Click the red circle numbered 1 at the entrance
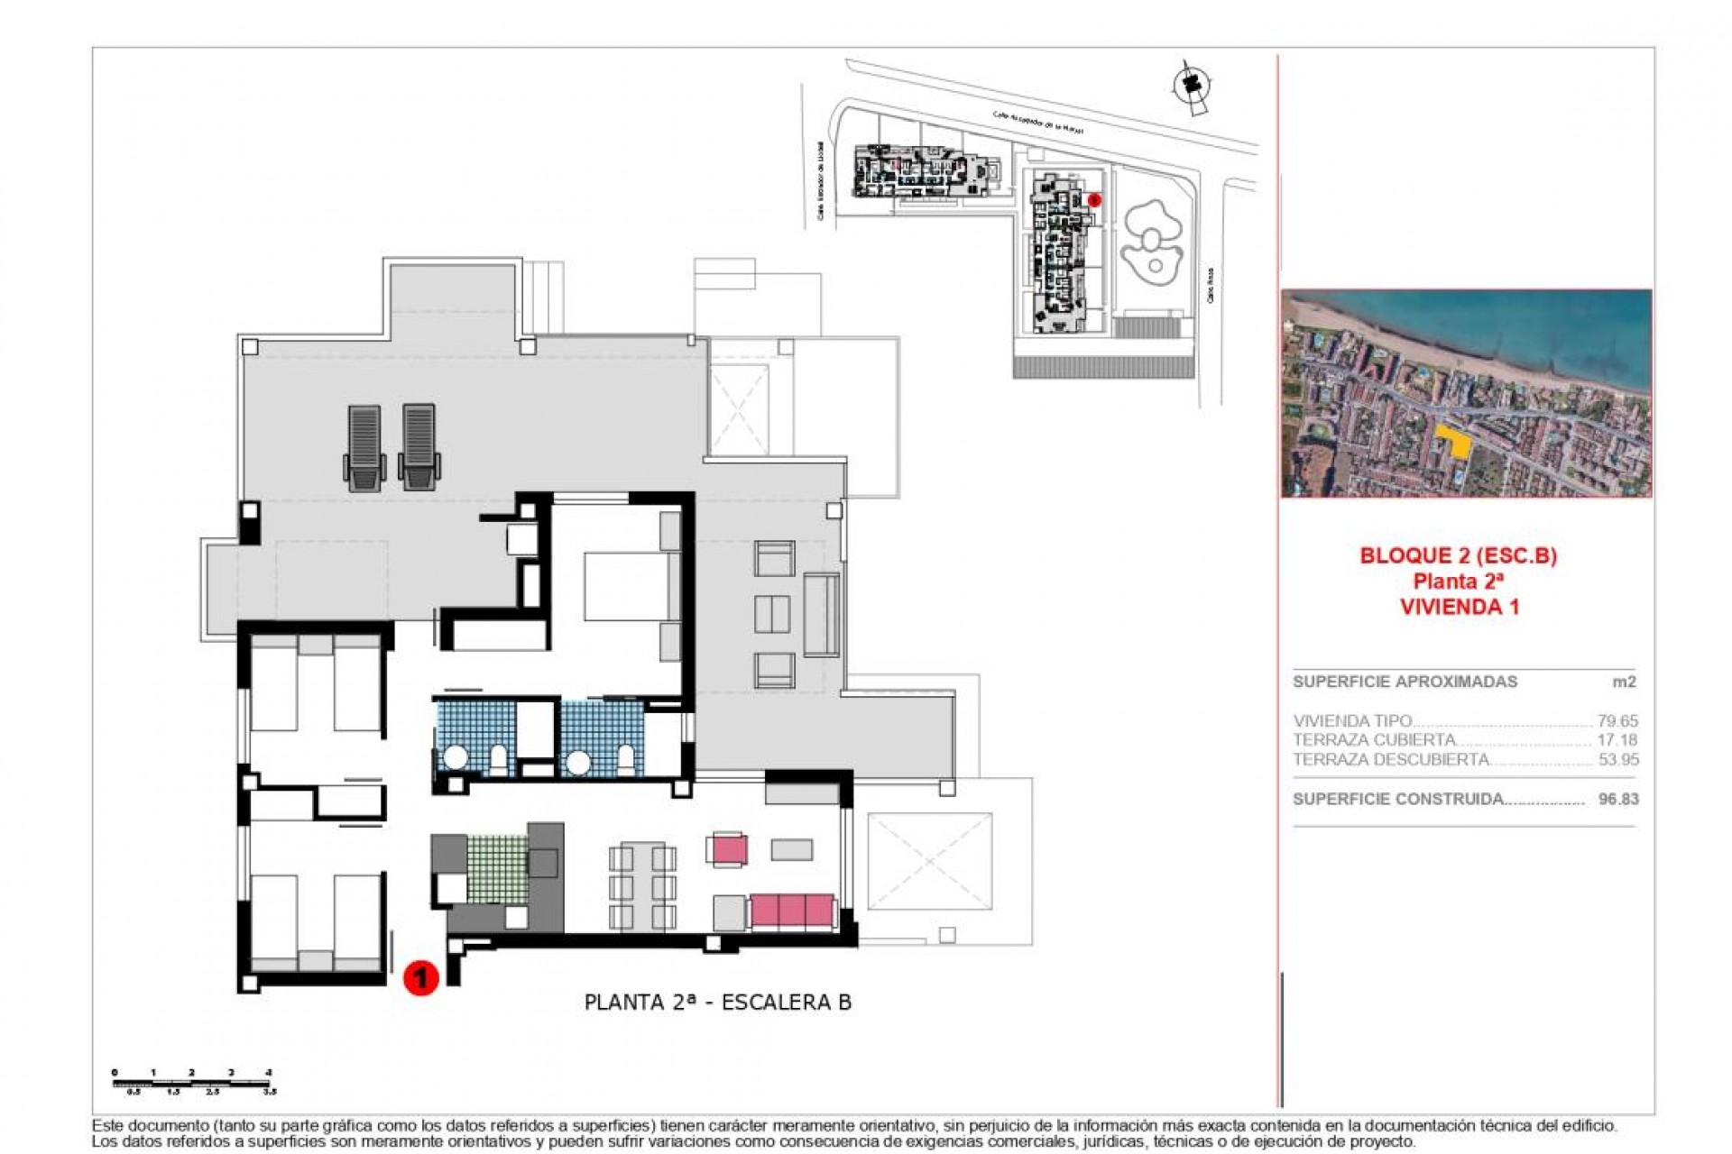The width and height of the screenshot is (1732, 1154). (x=420, y=977)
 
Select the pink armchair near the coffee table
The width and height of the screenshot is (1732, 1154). (x=728, y=849)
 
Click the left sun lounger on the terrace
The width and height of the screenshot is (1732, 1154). (x=364, y=447)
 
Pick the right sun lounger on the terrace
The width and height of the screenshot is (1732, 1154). (x=419, y=447)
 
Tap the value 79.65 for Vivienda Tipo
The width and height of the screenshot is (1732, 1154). (x=1617, y=721)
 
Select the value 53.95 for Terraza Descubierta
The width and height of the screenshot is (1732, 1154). (x=1618, y=760)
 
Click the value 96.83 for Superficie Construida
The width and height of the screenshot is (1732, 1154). (x=1618, y=799)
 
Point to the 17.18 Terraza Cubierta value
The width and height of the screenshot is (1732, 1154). (x=1617, y=740)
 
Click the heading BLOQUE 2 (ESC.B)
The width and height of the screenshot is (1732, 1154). (x=1458, y=555)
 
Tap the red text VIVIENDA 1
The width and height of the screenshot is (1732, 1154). (x=1459, y=607)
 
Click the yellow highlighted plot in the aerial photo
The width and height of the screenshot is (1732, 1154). (x=1451, y=442)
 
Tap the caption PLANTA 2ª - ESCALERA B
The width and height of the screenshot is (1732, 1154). (x=717, y=1003)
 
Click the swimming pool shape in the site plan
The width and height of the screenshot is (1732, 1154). (x=1151, y=242)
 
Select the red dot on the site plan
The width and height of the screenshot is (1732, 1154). (x=1094, y=200)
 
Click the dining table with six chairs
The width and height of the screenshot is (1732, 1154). (x=642, y=885)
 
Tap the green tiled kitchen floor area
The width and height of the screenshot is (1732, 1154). (x=497, y=869)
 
